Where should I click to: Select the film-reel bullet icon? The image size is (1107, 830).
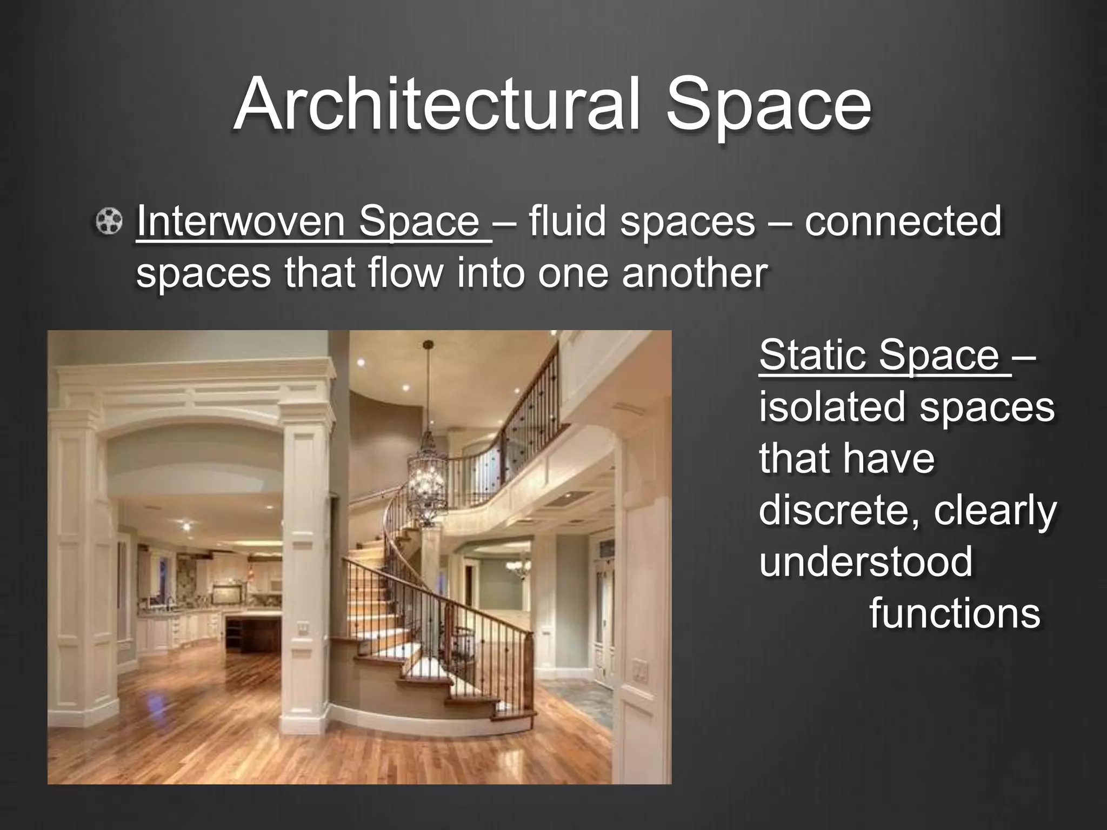(109, 221)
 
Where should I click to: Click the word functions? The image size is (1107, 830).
(955, 613)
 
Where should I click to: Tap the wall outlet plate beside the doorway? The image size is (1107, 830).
(640, 671)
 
